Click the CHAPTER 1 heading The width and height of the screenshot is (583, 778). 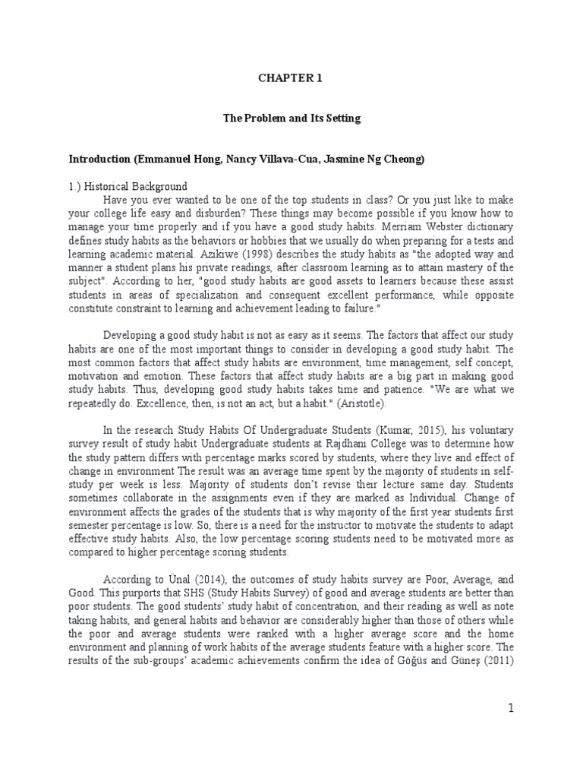(x=291, y=77)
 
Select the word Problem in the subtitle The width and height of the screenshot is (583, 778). (x=273, y=119)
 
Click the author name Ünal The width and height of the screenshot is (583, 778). (x=172, y=580)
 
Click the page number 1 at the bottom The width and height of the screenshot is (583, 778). (x=512, y=709)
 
